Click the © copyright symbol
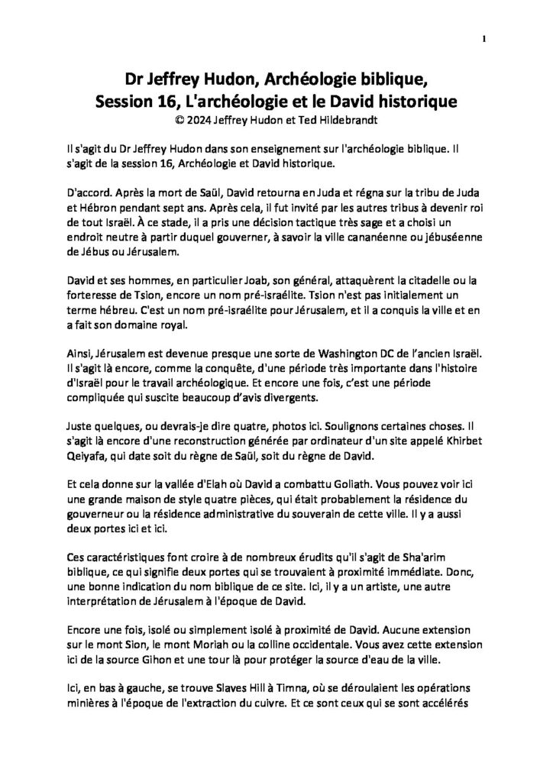click(x=180, y=118)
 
